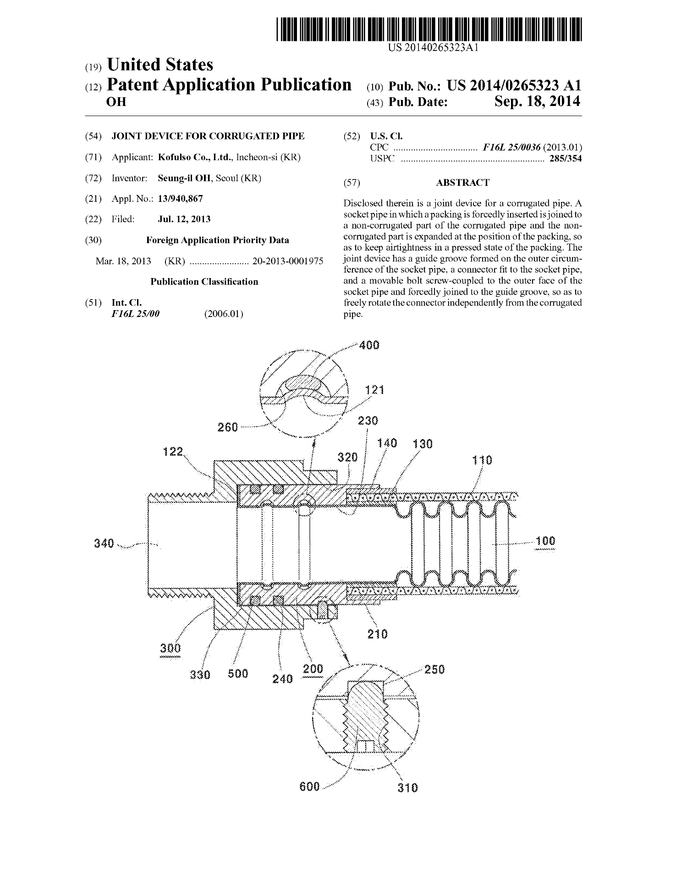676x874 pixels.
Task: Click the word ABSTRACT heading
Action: coord(462,183)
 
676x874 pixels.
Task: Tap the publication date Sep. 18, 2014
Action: coord(537,101)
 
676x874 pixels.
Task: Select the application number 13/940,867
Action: coord(180,199)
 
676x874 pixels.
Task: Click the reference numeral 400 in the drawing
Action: coord(369,345)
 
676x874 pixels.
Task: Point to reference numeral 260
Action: coord(228,428)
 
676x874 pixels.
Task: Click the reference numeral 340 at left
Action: coord(104,544)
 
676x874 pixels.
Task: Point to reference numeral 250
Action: coord(434,669)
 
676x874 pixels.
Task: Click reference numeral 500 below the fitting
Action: coord(238,674)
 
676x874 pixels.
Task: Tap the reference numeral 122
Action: coord(173,452)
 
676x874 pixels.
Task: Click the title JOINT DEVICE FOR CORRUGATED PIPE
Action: coord(208,136)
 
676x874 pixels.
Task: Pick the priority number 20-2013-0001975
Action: coord(288,261)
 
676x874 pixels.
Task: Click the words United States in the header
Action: coord(160,65)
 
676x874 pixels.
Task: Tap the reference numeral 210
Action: coord(378,634)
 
